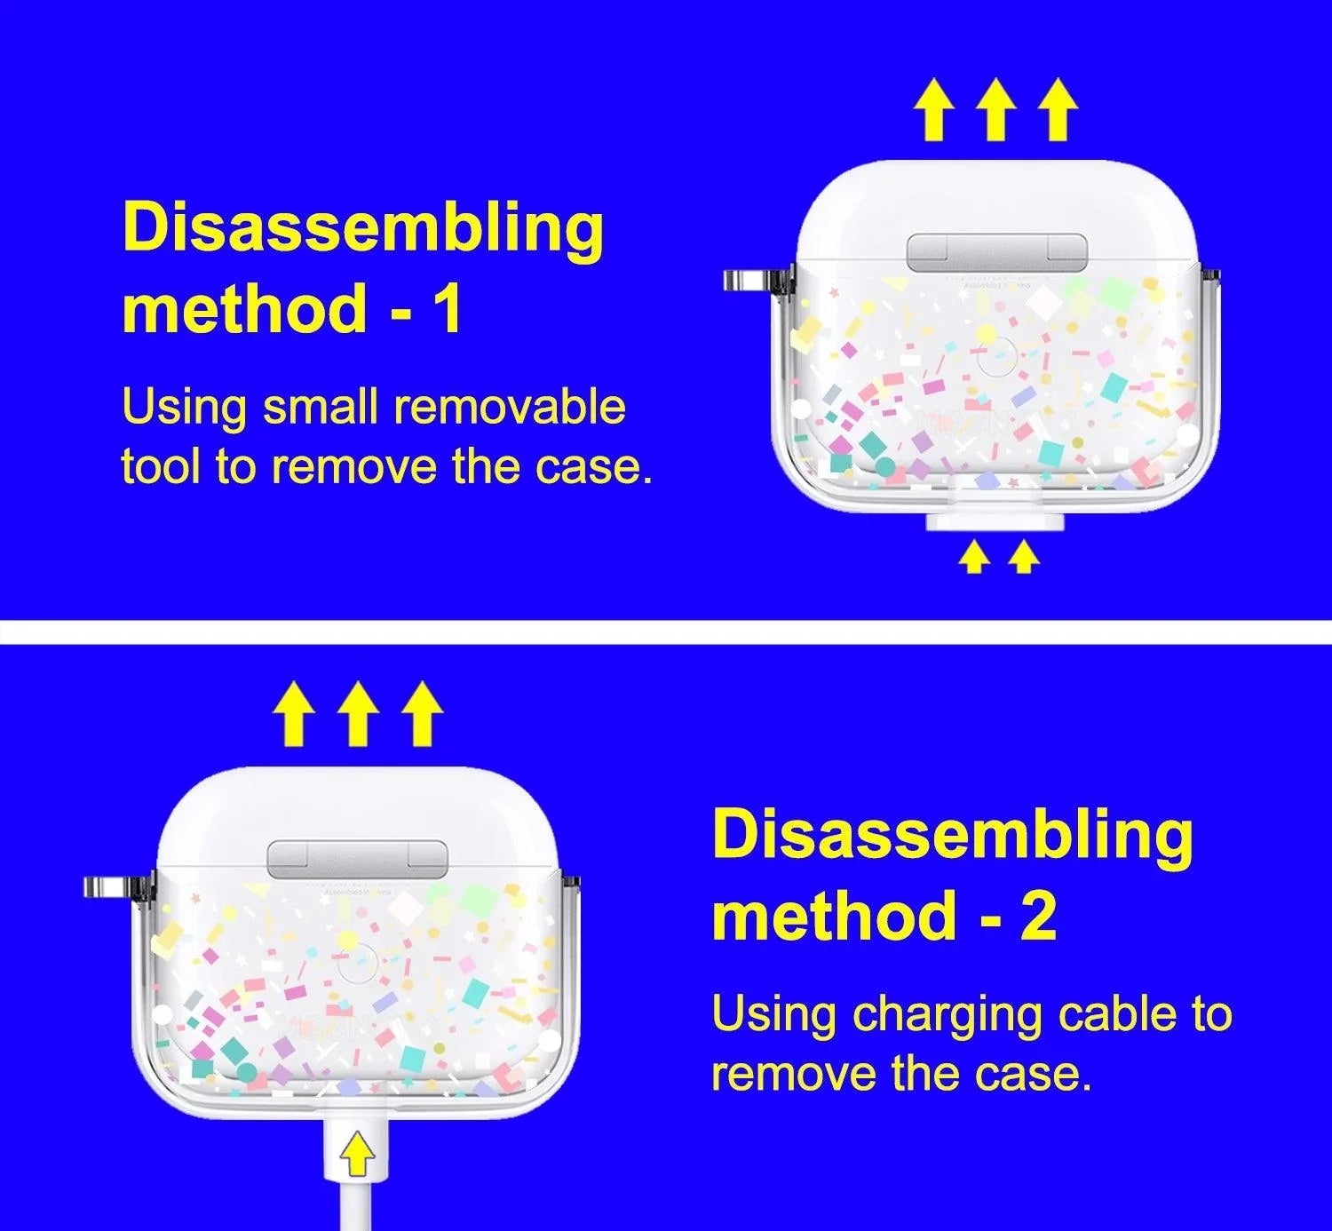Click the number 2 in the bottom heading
(1038, 915)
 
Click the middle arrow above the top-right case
(995, 109)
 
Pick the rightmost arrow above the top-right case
(1058, 109)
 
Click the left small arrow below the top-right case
(974, 558)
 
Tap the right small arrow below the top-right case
(1024, 558)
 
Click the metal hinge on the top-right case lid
(996, 254)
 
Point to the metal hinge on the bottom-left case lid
(358, 860)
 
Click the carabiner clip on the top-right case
(757, 280)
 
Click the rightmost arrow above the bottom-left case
(422, 714)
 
